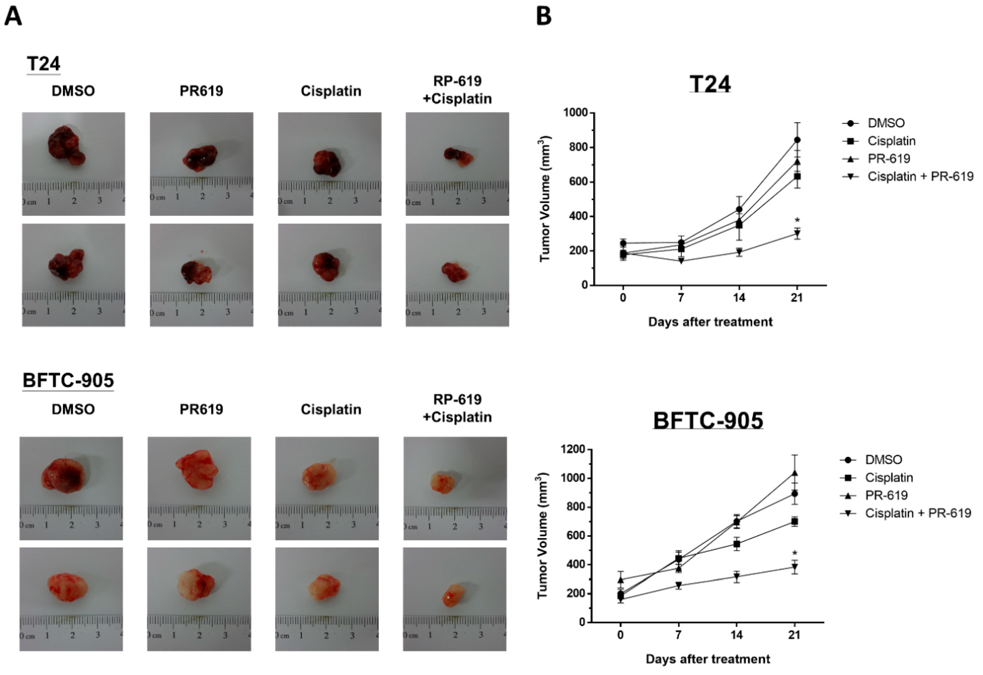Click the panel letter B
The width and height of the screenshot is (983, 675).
pyautogui.click(x=544, y=17)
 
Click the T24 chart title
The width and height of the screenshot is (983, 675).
pyautogui.click(x=710, y=84)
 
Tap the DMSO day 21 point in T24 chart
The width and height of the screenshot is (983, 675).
pyautogui.click(x=797, y=140)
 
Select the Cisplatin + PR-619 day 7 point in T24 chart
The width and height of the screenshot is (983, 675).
pyautogui.click(x=681, y=261)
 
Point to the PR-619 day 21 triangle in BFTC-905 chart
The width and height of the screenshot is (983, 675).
pyautogui.click(x=795, y=473)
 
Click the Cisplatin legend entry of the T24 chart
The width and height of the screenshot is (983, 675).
pyautogui.click(x=891, y=141)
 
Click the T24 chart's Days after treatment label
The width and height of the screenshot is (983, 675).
pyautogui.click(x=710, y=322)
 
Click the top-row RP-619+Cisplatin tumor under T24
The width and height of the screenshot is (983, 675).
pyautogui.click(x=458, y=157)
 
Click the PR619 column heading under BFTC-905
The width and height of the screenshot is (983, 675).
pyautogui.click(x=201, y=409)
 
